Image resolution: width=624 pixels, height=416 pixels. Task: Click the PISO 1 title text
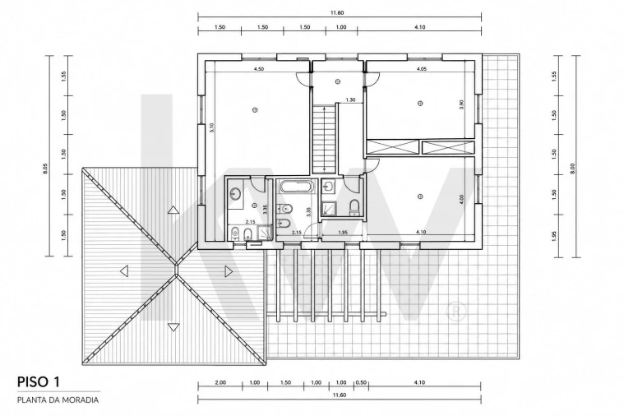tap(38, 381)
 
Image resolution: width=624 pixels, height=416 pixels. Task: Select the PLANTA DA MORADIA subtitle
tap(58, 400)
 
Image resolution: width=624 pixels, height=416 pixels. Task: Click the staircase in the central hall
tap(325, 139)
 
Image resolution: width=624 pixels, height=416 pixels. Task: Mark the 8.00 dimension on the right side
tap(573, 169)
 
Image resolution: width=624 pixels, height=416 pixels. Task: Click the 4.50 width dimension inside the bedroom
tap(259, 69)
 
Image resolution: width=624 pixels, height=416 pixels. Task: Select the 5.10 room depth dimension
tap(212, 127)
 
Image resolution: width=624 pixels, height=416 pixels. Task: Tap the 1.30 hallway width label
tap(350, 100)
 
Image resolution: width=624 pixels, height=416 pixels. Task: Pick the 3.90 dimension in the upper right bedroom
tap(461, 104)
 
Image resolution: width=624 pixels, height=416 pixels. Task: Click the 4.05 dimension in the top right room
tap(422, 69)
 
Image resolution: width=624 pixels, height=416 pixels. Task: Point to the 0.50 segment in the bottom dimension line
tap(361, 382)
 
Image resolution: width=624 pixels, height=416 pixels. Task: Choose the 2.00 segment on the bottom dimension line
tap(220, 382)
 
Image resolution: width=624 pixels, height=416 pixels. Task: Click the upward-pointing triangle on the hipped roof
tap(173, 210)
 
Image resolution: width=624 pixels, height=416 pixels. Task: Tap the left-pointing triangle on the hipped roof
tap(124, 271)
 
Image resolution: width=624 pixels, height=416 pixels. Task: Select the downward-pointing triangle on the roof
tap(173, 327)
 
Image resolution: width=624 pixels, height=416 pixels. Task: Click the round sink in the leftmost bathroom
tap(235, 194)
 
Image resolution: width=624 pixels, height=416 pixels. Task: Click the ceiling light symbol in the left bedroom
tap(255, 109)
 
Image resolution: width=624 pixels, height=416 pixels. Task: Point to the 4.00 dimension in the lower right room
tap(461, 198)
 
